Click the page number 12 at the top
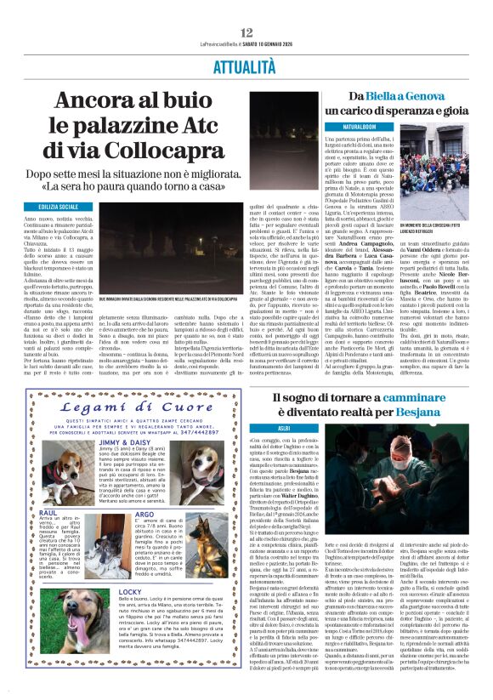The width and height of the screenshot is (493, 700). (246, 32)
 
